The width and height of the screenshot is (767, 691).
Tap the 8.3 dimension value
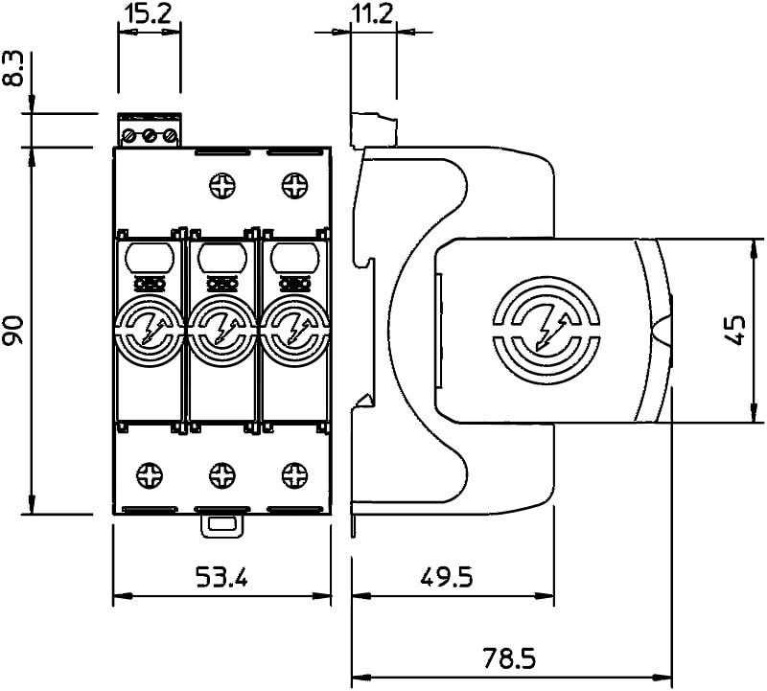(x=13, y=71)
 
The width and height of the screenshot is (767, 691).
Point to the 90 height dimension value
(x=13, y=330)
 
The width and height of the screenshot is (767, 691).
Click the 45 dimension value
(x=737, y=330)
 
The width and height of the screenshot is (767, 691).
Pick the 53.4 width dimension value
(x=221, y=577)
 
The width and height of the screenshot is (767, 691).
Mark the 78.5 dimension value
(x=509, y=659)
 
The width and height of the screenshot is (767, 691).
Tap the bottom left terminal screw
(x=150, y=473)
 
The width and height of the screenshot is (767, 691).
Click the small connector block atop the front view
(x=150, y=131)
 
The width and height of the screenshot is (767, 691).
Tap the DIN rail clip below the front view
(x=221, y=524)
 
